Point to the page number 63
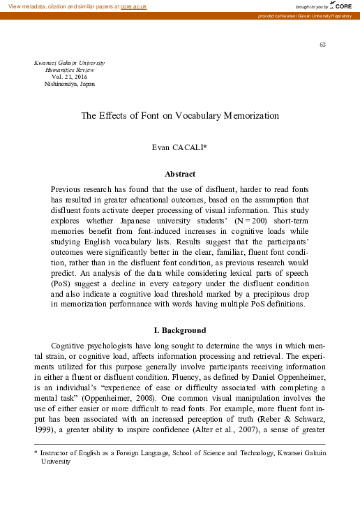pyautogui.click(x=322, y=45)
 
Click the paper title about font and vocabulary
pyautogui.click(x=179, y=117)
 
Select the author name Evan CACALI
pyautogui.click(x=179, y=148)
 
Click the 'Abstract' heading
pyautogui.click(x=179, y=174)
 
